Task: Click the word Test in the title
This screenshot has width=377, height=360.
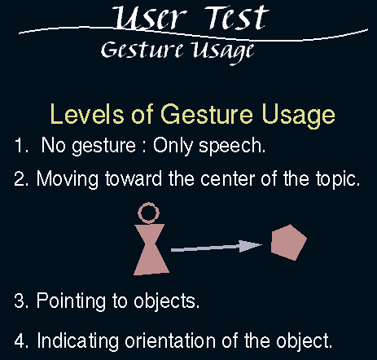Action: pyautogui.click(x=236, y=17)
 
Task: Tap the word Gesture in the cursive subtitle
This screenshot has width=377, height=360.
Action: pyautogui.click(x=142, y=50)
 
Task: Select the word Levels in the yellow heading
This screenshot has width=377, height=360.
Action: pyautogui.click(x=86, y=114)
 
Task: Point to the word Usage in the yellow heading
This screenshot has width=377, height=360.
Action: pyautogui.click(x=299, y=116)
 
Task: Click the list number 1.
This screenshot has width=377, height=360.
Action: pyautogui.click(x=21, y=145)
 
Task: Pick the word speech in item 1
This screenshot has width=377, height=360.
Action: pyautogui.click(x=232, y=147)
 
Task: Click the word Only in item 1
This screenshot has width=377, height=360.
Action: pyautogui.click(x=173, y=147)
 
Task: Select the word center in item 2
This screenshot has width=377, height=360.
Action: pyautogui.click(x=228, y=179)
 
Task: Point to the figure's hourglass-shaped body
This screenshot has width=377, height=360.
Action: pyautogui.click(x=151, y=249)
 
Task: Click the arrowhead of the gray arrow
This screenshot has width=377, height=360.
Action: pyautogui.click(x=250, y=245)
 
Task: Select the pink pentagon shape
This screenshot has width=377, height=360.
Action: pyautogui.click(x=289, y=242)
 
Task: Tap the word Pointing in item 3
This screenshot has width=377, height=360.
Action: pyautogui.click(x=71, y=301)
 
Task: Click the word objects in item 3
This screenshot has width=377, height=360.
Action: pyautogui.click(x=167, y=301)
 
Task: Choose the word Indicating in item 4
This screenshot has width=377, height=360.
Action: pyautogui.click(x=77, y=341)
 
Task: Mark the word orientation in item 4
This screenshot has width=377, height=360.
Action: pyautogui.click(x=170, y=340)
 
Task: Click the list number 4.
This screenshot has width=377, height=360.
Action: pyautogui.click(x=21, y=340)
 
